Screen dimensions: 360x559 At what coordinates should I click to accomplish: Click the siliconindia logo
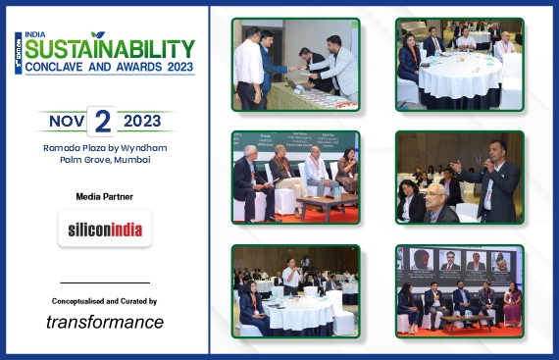[105, 230]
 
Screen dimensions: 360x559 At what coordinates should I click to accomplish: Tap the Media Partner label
[105, 197]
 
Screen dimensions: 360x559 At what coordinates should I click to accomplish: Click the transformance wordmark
[105, 322]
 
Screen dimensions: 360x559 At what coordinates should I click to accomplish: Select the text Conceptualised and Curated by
[105, 301]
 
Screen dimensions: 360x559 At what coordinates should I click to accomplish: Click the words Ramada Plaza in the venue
[67, 147]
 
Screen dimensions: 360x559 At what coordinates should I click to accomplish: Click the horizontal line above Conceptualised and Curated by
[105, 283]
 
